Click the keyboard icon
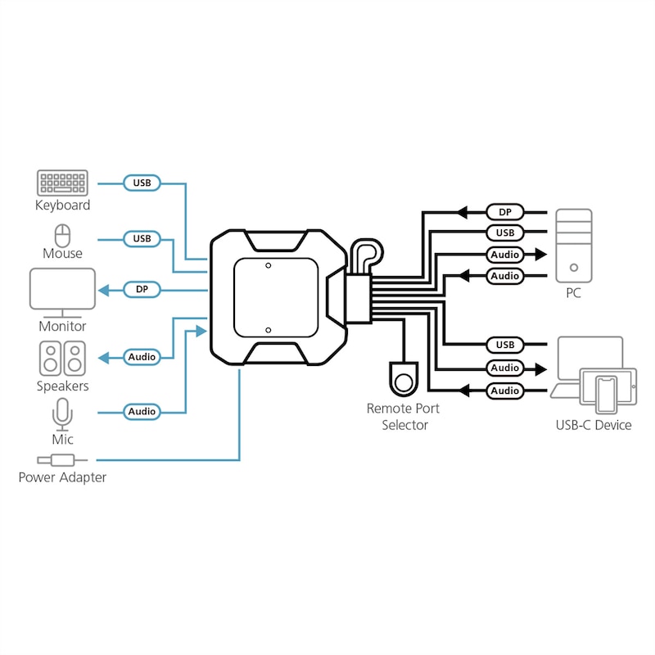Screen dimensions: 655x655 tap(62, 182)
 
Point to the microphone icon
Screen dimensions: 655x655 tap(62, 414)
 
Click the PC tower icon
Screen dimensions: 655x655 tap(573, 245)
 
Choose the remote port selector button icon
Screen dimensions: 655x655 tap(402, 379)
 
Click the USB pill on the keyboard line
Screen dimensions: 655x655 tap(142, 183)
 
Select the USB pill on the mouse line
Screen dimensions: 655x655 tap(142, 239)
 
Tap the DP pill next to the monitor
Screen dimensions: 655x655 tap(142, 289)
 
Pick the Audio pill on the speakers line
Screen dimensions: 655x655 tap(142, 357)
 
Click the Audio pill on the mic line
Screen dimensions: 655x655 tap(142, 412)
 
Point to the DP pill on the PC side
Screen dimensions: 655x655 tap(505, 212)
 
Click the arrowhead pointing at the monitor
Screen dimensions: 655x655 tap(105, 289)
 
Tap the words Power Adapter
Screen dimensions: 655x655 tap(62, 477)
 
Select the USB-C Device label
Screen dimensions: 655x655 tap(593, 424)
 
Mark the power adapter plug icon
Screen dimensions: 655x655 tap(56, 461)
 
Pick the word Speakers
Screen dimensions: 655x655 tap(62, 386)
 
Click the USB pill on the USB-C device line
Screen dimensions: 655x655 tap(505, 345)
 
